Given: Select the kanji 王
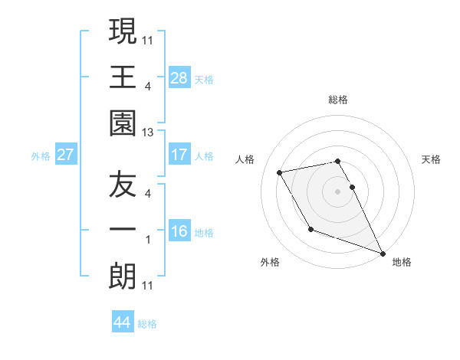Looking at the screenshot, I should tap(123, 77).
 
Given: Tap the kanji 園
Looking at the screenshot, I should tap(123, 123).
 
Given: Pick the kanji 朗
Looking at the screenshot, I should tap(123, 276).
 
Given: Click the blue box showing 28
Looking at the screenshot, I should tap(179, 77).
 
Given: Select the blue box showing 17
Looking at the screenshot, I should tap(179, 155).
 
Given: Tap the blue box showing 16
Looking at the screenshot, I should tap(179, 231).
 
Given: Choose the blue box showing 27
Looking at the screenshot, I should tap(66, 155).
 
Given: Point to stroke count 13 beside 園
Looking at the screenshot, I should tap(148, 133).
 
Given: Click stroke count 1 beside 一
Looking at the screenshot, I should tap(148, 240).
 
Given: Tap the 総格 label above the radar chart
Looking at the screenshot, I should tap(337, 100).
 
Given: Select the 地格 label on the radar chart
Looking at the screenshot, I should tap(402, 262).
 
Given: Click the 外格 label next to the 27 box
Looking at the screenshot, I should tap(41, 156).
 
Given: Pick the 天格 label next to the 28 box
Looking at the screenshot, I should tap(204, 79).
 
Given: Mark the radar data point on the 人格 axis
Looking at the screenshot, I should tap(280, 172).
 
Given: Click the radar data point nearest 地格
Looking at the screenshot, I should tap(382, 253).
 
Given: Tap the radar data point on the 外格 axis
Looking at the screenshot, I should tap(310, 229).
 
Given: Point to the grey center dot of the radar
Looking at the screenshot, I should tap(337, 191).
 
